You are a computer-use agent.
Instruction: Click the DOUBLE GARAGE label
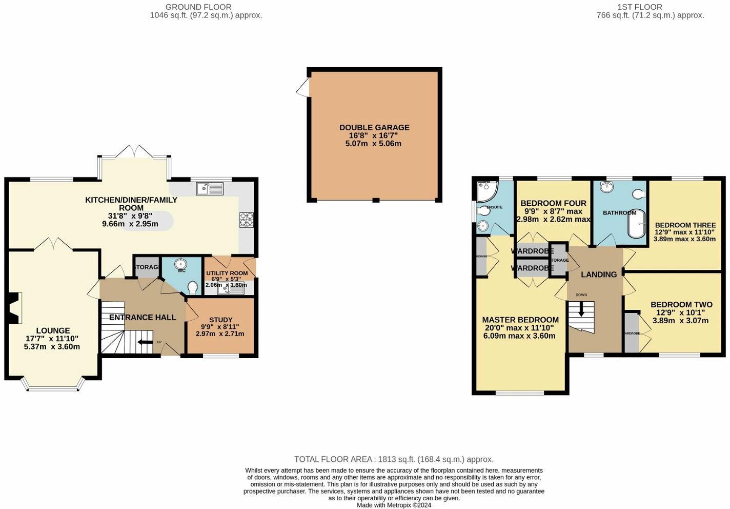coord(374,128)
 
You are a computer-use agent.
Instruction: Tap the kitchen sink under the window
coord(210,189)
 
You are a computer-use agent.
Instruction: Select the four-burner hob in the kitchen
coord(246,220)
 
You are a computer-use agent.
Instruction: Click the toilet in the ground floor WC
coord(193,286)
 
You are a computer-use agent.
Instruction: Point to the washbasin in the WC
coord(181,264)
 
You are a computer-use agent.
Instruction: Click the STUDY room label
coord(220,320)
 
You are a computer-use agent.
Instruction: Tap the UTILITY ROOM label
coord(227,273)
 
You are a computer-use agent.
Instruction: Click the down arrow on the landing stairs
coord(581,309)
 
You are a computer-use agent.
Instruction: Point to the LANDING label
coord(598,275)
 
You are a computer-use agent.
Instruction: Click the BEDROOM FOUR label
coord(553,203)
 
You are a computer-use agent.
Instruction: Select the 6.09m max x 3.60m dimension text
coord(519,336)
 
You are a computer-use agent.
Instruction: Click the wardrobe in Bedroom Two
coord(632,332)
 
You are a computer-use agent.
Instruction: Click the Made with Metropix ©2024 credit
coord(394,505)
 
